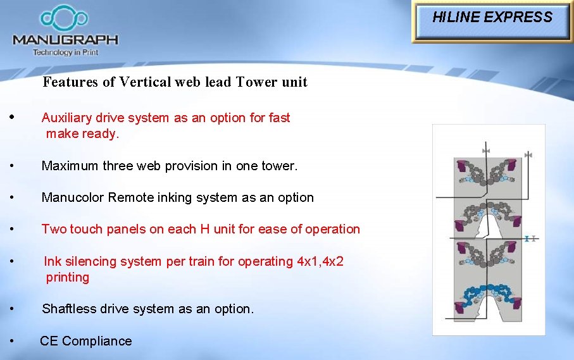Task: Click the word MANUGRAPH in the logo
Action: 65,40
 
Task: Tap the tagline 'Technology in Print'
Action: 66,53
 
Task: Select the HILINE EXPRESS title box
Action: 492,18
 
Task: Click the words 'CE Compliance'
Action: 86,341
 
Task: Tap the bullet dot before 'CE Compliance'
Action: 13,341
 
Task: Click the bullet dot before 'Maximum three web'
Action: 13,166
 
